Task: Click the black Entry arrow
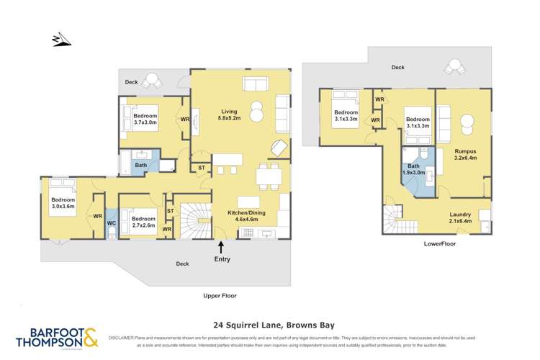tap(220, 249)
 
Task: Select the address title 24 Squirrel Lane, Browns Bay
tap(269, 325)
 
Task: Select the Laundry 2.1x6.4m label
tap(461, 218)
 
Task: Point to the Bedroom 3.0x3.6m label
tap(63, 204)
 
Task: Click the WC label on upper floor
tap(111, 223)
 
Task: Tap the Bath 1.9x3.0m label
tap(410, 171)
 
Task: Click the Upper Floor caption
tap(220, 295)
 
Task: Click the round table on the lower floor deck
tap(454, 67)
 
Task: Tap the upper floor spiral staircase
tap(194, 220)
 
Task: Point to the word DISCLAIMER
tap(122, 337)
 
